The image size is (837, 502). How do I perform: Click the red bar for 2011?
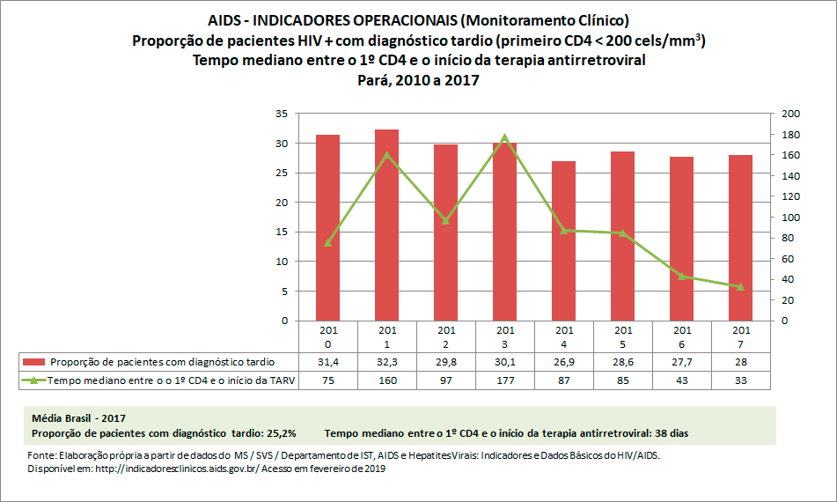coord(387,225)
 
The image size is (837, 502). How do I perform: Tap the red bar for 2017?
coord(740,238)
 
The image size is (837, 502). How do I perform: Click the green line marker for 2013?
coord(505,137)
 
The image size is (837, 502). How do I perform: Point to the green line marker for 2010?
coord(328,243)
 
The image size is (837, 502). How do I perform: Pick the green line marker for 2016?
coord(681,276)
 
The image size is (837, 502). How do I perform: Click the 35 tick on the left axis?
coord(282,114)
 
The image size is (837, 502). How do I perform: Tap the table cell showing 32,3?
coord(387,362)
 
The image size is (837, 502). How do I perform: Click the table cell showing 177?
coord(505,380)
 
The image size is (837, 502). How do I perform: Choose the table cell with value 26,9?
coord(563,362)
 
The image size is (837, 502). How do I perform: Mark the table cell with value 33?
coord(740,380)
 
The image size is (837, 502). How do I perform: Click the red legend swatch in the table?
coord(34,362)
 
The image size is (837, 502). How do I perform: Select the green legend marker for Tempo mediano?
coord(34,380)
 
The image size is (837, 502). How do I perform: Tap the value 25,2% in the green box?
coord(280,432)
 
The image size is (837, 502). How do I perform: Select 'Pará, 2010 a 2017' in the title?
coord(418,79)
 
